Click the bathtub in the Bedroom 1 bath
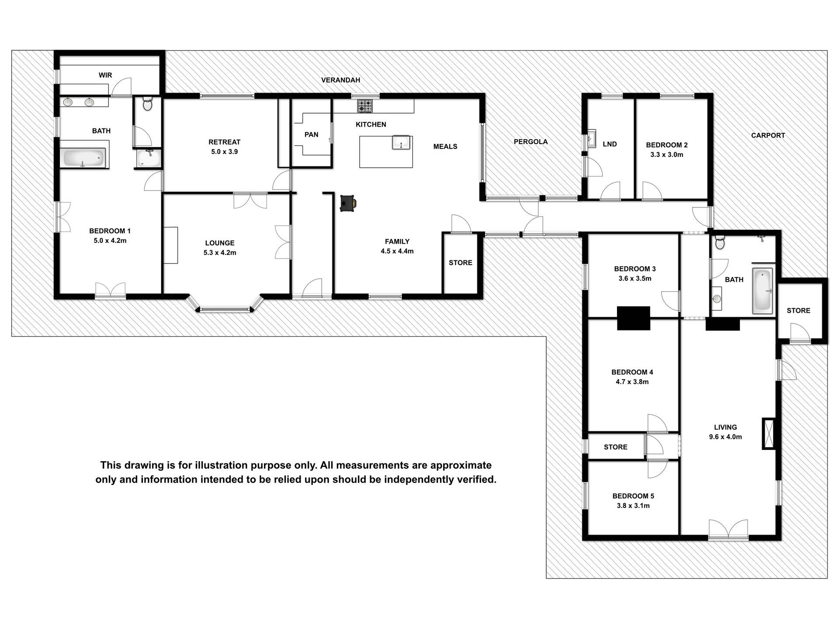[x=85, y=158]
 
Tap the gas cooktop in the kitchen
[x=365, y=106]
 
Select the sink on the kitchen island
[x=401, y=142]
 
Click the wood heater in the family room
[x=348, y=203]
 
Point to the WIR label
[x=105, y=75]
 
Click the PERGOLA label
[x=530, y=142]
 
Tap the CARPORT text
[x=768, y=135]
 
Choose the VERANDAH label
[x=340, y=80]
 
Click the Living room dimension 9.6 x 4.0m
[x=725, y=437]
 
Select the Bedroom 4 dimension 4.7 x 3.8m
[x=632, y=382]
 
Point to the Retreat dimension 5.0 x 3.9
[x=224, y=152]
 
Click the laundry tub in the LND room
[x=592, y=139]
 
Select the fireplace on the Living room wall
[x=768, y=433]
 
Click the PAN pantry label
[x=311, y=135]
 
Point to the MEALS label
[x=445, y=146]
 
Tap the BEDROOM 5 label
[x=633, y=496]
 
